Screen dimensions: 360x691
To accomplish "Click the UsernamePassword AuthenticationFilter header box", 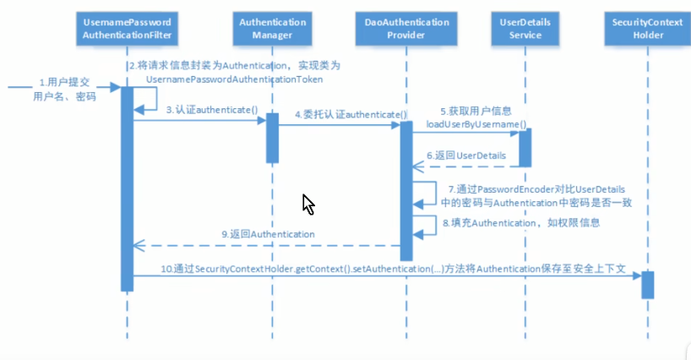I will coord(127,27).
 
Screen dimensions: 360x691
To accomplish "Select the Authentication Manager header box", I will coord(273,27).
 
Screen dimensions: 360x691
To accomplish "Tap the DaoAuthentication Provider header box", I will coord(405,27).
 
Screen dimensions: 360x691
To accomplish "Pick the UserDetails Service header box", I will coord(525,27).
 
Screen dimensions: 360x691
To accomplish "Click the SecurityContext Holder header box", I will coord(647,27).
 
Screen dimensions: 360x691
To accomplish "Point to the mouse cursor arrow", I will coord(308,205).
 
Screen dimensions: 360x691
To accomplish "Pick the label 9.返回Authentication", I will coord(269,233).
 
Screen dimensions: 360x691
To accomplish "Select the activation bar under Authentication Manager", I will coord(273,138).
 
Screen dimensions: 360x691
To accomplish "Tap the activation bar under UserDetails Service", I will coord(525,147).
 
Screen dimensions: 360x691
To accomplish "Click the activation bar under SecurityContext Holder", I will coord(647,284).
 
